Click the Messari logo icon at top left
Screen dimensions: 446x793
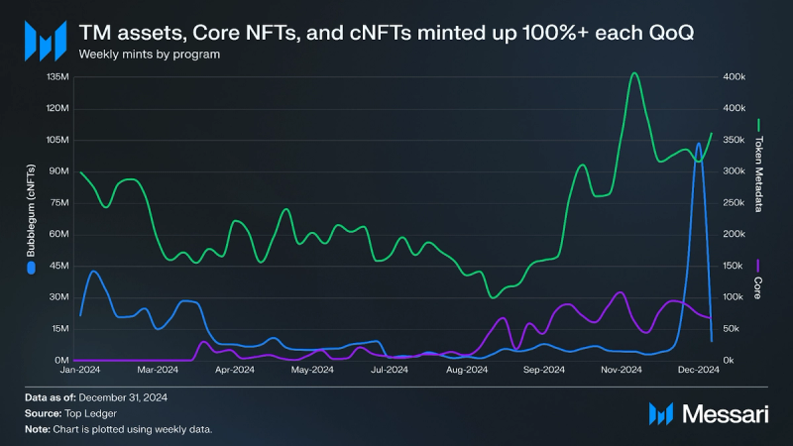[45, 41]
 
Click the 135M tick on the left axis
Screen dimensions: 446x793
[57, 76]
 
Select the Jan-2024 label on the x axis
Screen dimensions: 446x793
[80, 371]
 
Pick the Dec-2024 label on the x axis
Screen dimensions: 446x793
[698, 371]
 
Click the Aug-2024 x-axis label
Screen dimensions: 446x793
[466, 371]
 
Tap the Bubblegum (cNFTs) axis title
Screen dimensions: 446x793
[30, 212]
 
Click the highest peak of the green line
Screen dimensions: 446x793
[634, 72]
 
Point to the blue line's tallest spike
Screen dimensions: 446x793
[699, 144]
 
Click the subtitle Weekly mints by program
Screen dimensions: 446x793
[149, 54]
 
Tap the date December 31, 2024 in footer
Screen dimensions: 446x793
[122, 397]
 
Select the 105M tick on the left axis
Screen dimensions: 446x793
[57, 140]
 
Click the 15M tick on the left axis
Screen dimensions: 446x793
[58, 328]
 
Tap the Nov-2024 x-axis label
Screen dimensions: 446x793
[621, 371]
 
